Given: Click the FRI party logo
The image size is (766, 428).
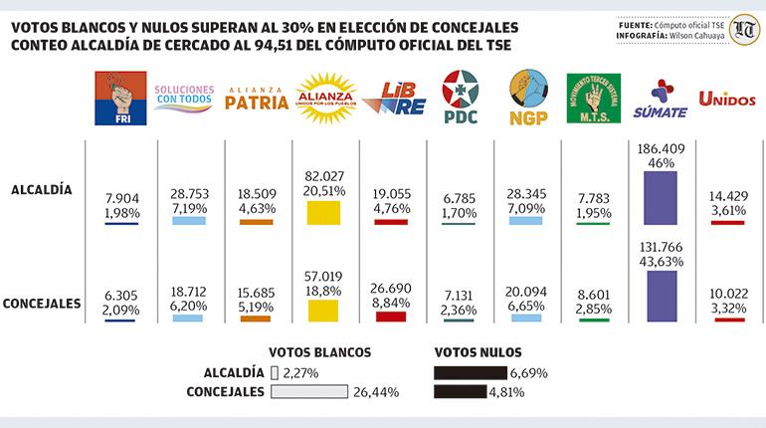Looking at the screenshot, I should point(118,100).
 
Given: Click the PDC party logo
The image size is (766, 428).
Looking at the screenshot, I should point(461,99).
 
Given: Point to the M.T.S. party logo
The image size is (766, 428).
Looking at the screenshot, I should point(593,100).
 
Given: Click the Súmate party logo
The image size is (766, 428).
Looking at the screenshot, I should point(660,100).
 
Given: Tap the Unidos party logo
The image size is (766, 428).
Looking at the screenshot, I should point(726,99).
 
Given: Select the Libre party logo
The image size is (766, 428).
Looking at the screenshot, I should point(392,101).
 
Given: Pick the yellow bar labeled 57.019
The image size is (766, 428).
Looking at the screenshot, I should point(324,309).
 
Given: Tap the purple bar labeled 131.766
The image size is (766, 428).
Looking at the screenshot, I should point(661,296).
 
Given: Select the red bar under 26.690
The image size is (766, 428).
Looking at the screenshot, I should point(391,317).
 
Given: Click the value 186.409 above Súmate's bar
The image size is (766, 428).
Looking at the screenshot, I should point(661,148).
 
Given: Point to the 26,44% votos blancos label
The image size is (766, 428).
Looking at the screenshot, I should point(376,392).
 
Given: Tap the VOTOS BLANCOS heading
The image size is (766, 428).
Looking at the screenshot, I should point(319,352).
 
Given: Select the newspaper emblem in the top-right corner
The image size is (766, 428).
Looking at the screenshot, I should point(742,29).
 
